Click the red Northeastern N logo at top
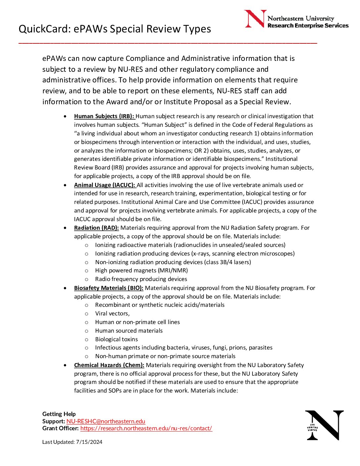(255, 19)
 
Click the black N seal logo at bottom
(324, 425)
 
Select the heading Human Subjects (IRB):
(104, 116)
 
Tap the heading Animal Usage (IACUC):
(104, 185)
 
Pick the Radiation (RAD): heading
(96, 228)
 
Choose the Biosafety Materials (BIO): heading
(109, 288)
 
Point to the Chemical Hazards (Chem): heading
(109, 365)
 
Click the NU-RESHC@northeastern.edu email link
(106, 421)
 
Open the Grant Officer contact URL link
(146, 428)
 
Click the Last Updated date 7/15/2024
(89, 442)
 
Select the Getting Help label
(59, 414)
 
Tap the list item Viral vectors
(112, 313)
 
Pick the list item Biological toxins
(116, 339)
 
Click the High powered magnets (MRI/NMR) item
(141, 270)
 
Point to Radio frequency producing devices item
(141, 279)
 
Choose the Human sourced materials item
(129, 331)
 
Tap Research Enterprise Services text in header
(308, 26)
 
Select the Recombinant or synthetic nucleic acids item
(160, 305)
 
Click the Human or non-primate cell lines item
(137, 322)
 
